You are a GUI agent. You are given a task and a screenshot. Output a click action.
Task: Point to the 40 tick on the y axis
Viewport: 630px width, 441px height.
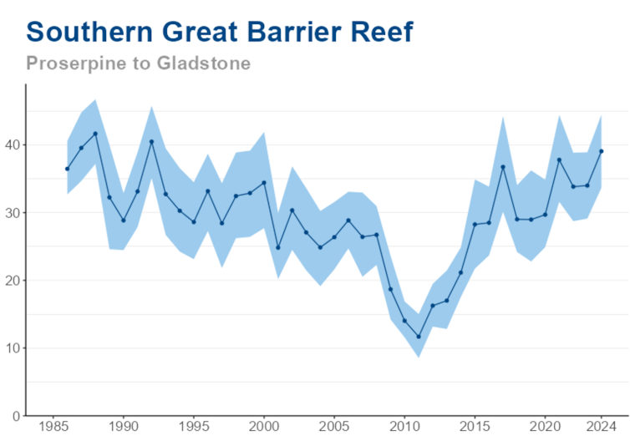click(14, 144)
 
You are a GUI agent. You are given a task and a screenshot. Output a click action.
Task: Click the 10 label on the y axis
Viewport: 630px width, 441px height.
click(14, 347)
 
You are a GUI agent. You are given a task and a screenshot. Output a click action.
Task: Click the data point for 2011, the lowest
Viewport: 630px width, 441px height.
click(419, 337)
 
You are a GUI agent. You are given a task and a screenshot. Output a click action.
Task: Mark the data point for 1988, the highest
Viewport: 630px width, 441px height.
click(95, 134)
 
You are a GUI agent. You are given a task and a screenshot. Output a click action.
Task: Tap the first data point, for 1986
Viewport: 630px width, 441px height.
click(67, 169)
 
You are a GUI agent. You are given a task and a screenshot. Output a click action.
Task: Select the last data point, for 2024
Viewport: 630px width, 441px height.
click(602, 151)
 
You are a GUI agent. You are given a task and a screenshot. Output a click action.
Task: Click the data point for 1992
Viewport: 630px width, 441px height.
click(151, 141)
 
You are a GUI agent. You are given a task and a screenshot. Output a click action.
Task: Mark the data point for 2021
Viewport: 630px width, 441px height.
click(559, 160)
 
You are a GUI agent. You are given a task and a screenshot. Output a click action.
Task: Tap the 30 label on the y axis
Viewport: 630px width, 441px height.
click(14, 212)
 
